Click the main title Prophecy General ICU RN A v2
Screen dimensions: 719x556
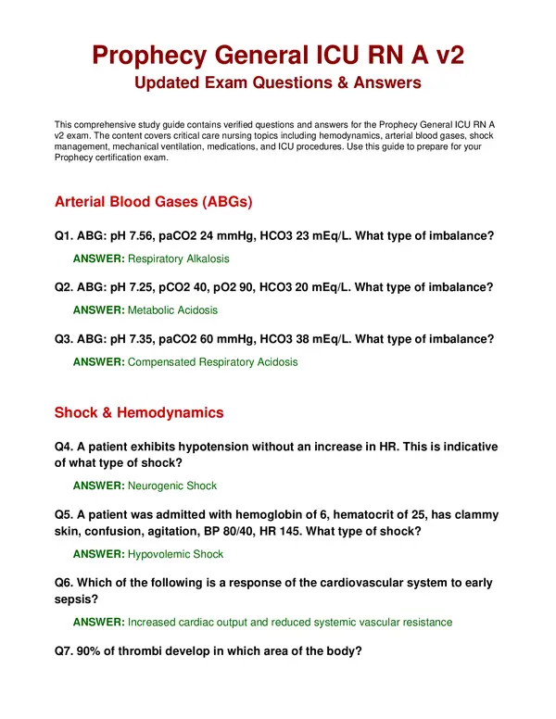(278, 55)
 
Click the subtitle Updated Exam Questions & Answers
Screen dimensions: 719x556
(278, 83)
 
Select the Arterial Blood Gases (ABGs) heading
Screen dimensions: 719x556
(154, 201)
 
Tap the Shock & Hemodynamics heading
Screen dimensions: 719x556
(138, 412)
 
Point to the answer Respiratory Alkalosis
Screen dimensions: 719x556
(179, 259)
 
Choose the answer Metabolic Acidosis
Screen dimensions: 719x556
(173, 310)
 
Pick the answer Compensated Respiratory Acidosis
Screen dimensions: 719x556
(213, 362)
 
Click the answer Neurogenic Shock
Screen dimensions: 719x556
(172, 486)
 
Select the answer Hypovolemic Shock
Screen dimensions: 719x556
(175, 554)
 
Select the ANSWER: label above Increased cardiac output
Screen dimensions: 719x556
(98, 623)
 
